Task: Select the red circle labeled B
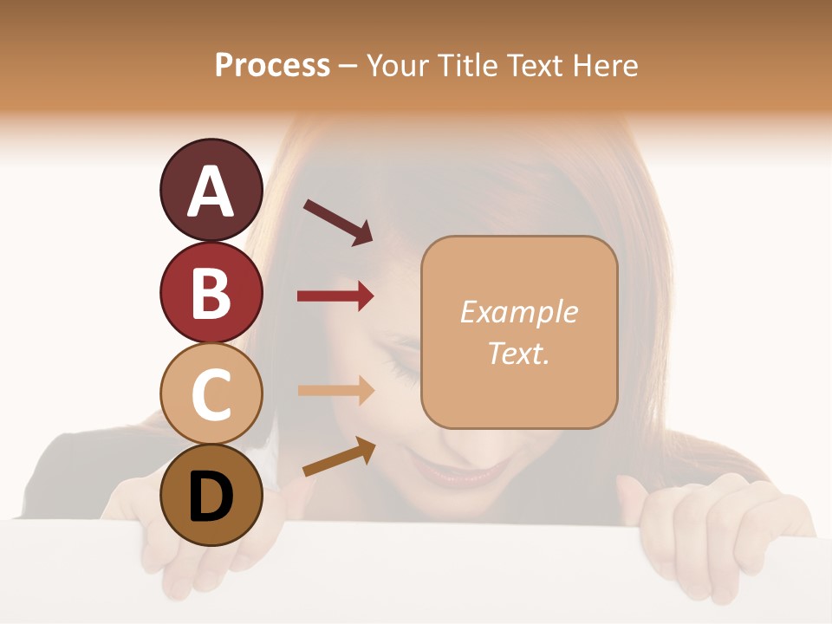211,292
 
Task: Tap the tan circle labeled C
211,393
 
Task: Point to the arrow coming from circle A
338,221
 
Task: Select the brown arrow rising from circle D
339,457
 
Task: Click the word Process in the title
272,65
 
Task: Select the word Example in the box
518,312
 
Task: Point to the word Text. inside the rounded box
518,353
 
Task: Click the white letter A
211,192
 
